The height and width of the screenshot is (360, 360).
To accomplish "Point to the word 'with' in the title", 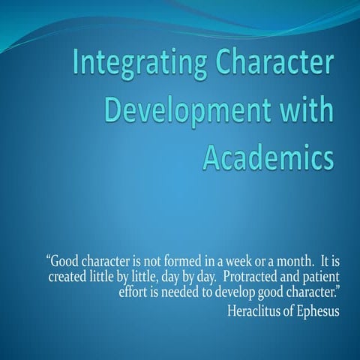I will click(x=306, y=109).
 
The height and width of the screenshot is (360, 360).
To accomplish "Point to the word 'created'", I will click(x=69, y=277).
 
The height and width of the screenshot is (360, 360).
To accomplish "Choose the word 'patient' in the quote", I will click(x=319, y=277).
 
